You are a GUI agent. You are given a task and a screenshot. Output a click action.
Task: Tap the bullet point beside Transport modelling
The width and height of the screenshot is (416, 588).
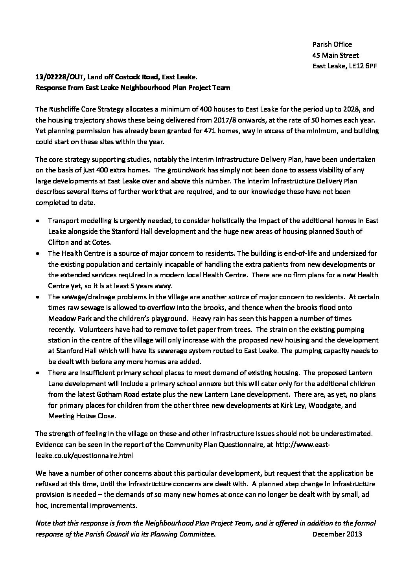point(37,221)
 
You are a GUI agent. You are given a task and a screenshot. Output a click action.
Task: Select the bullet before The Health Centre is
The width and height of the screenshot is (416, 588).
point(37,254)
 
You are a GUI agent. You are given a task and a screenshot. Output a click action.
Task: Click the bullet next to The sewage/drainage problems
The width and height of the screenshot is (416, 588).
point(37,297)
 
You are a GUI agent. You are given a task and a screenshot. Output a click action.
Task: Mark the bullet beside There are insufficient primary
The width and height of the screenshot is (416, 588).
point(37,373)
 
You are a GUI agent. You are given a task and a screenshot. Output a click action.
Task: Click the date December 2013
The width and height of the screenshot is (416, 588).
point(337,534)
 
